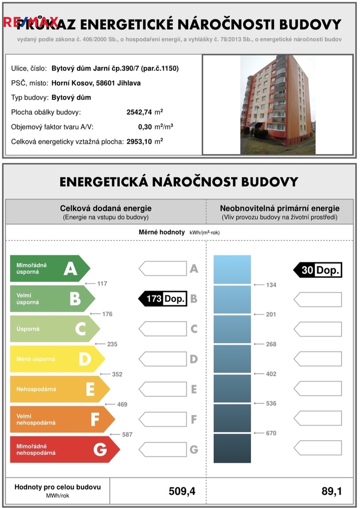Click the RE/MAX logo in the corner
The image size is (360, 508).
coord(31,22)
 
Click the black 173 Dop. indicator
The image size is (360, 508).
coord(163,298)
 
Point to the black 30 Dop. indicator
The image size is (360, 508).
coord(318,270)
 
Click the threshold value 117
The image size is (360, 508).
coord(102,284)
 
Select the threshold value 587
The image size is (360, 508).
coord(127,435)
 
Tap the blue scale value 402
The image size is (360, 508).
coord(271,374)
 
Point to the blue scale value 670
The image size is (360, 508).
coord(271,433)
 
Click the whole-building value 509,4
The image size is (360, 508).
coord(182,492)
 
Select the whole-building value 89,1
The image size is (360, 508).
coord(331,492)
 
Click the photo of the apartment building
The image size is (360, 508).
coord(278,104)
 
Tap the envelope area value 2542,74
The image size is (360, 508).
coord(139,112)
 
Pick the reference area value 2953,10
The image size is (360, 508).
coord(139,141)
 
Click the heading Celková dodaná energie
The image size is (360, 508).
coord(106,208)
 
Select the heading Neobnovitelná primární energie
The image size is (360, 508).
coord(280,208)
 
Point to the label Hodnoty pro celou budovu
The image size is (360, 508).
coord(57,487)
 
